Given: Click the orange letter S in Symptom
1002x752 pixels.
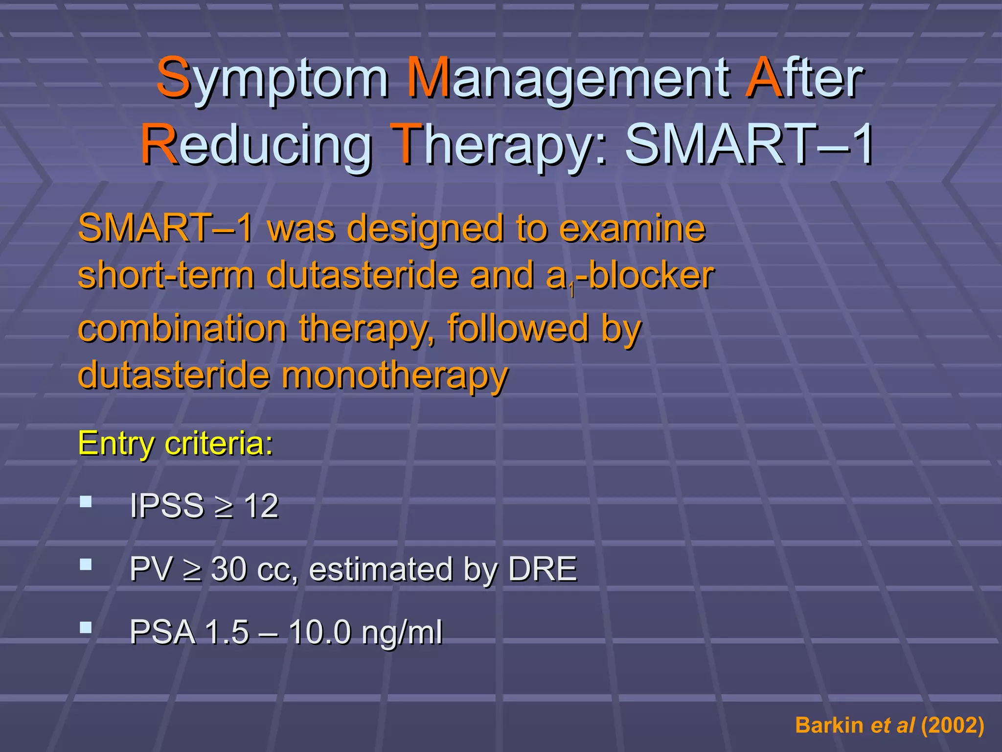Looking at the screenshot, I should click(173, 77).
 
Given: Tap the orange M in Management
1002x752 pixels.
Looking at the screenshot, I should click(428, 77).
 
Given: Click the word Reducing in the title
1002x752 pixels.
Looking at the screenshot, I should click(256, 144).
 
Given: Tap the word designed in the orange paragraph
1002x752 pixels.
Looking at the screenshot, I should click(426, 229).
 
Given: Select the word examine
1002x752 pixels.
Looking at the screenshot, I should click(632, 229).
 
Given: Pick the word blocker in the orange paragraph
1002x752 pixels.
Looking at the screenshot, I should click(651, 276).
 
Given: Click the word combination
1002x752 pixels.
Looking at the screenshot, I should click(182, 329).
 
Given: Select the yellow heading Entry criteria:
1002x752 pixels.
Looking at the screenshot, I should click(176, 444).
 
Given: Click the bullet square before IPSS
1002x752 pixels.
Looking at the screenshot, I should click(86, 501).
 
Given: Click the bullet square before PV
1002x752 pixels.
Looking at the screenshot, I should click(86, 564).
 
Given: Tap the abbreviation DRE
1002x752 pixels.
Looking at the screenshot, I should click(543, 569).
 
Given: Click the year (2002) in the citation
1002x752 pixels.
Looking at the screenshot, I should click(952, 725).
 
